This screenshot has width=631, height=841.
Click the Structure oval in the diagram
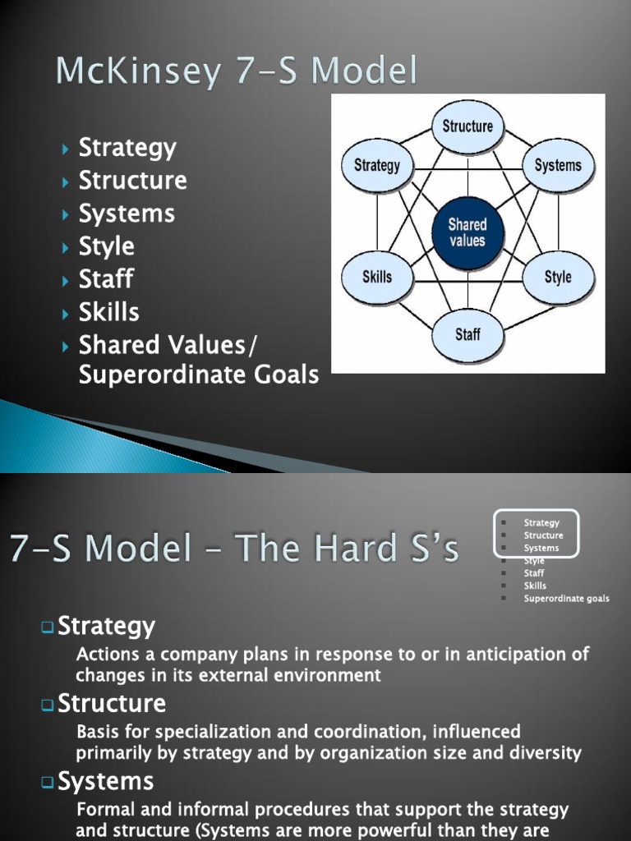[x=467, y=126]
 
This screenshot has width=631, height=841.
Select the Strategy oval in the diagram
[x=377, y=165]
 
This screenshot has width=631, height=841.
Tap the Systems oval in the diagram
[x=558, y=165]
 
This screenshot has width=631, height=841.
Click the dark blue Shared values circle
[x=467, y=232]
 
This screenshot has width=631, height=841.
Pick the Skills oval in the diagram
[x=377, y=277]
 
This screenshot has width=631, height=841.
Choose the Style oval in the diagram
[x=558, y=277]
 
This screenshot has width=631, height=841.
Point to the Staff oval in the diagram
[x=467, y=334]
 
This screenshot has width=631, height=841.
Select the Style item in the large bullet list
[x=106, y=246]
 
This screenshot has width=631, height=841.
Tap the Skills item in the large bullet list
[x=108, y=312]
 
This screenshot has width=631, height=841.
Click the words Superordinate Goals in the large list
[x=198, y=375]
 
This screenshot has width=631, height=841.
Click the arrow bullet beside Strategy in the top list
[x=66, y=149]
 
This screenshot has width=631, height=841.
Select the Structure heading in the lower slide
[x=112, y=704]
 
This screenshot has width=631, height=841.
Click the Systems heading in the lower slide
[x=105, y=780]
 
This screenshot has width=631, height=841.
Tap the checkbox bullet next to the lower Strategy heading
[x=48, y=628]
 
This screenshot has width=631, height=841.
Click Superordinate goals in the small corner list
[x=566, y=599]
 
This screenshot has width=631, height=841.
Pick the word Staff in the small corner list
[x=534, y=573]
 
